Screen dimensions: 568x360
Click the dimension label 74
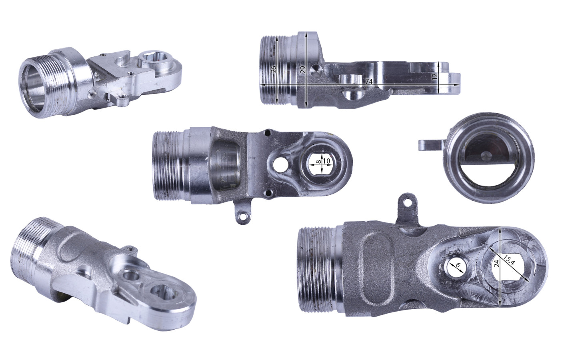pyautogui.click(x=369, y=81)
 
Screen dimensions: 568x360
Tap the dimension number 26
pyautogui.click(x=273, y=70)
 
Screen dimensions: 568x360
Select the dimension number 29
pyautogui.click(x=303, y=70)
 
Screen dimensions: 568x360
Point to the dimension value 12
pyautogui.click(x=435, y=76)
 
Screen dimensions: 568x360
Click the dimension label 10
pyautogui.click(x=327, y=161)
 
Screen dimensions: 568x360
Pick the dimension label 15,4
pyautogui.click(x=509, y=260)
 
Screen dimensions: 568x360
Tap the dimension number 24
pyautogui.click(x=496, y=263)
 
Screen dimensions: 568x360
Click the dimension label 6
pyautogui.click(x=458, y=265)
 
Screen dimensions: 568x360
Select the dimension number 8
pyautogui.click(x=319, y=162)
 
